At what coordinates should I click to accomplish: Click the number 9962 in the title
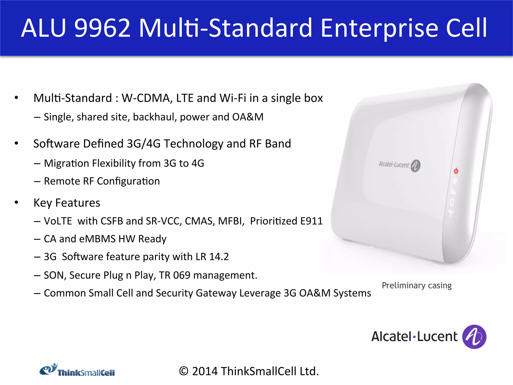(x=103, y=28)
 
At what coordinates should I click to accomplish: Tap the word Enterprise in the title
(x=379, y=28)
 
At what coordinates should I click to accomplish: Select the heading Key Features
(x=67, y=203)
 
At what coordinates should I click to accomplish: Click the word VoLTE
(x=58, y=221)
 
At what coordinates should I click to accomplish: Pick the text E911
(x=311, y=221)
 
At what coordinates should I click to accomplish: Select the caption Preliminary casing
(x=417, y=285)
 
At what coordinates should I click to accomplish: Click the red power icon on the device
(x=456, y=171)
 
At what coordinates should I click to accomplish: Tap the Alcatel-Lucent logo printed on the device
(x=399, y=165)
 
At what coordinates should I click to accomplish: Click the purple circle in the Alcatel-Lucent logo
(x=474, y=337)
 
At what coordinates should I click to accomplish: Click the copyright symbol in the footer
(x=184, y=371)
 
